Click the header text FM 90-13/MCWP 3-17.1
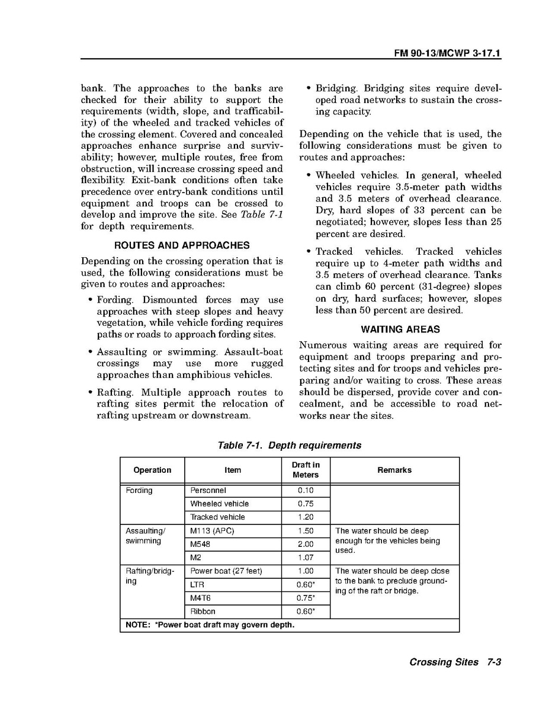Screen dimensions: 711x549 click(448, 53)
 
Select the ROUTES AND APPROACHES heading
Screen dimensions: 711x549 click(182, 245)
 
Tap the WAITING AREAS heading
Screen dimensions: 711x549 click(400, 329)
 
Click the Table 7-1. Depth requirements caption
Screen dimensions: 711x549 click(290, 445)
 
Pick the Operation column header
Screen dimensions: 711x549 click(152, 470)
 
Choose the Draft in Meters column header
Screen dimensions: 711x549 click(306, 470)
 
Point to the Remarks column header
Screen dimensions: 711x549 click(394, 470)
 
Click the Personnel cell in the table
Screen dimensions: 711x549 click(208, 491)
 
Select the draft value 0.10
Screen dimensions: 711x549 click(306, 491)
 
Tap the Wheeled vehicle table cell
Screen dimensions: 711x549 click(219, 504)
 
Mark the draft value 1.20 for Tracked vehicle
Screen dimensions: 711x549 click(306, 517)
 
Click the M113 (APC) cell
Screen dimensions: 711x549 click(212, 531)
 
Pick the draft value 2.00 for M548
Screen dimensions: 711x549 click(306, 544)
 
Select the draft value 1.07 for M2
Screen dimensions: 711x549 click(306, 558)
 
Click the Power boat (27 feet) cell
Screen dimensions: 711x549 click(226, 571)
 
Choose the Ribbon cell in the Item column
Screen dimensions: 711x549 click(203, 611)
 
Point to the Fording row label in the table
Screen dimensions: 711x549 click(139, 491)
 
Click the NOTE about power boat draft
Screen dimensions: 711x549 click(210, 625)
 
